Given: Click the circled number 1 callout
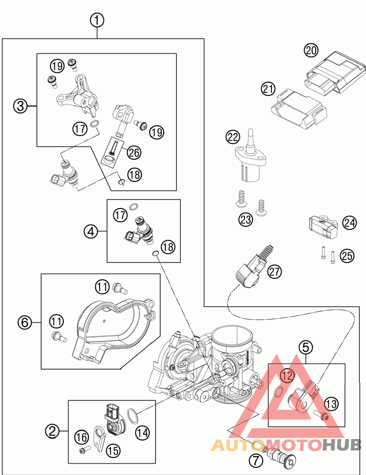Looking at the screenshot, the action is pyautogui.click(x=97, y=21).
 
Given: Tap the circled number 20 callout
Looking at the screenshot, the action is pyautogui.click(x=311, y=50).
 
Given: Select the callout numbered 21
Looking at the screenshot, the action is pyautogui.click(x=268, y=89).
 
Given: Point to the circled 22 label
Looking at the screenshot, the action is pyautogui.click(x=233, y=137).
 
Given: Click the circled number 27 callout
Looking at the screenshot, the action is pyautogui.click(x=274, y=271).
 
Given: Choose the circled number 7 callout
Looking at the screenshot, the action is pyautogui.click(x=256, y=461).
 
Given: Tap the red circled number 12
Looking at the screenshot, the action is pyautogui.click(x=287, y=376).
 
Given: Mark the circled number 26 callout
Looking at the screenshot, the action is pyautogui.click(x=134, y=152).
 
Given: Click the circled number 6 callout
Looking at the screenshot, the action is pyautogui.click(x=25, y=322).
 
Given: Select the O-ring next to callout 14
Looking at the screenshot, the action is pyautogui.click(x=132, y=416).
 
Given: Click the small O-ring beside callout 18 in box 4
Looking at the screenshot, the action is pyautogui.click(x=155, y=253).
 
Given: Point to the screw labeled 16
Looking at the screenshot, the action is pyautogui.click(x=85, y=450).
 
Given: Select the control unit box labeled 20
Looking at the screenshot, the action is pyautogui.click(x=335, y=71).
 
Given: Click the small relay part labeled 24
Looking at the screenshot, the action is pyautogui.click(x=323, y=229).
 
